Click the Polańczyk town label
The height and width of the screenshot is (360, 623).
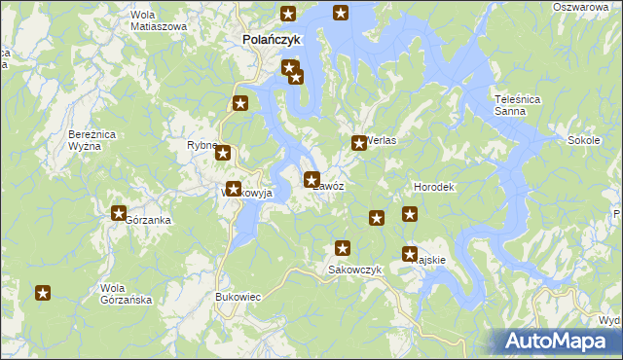click(272, 40)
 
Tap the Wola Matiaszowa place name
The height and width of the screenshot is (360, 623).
click(158, 21)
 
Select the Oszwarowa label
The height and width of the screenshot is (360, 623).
click(580, 7)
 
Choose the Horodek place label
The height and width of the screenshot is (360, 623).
click(434, 186)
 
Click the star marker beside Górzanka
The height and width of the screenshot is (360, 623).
click(119, 213)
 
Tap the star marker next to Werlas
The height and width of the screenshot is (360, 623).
click(358, 143)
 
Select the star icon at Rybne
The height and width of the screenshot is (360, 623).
click(223, 153)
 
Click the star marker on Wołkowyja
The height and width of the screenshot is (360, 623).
click(234, 189)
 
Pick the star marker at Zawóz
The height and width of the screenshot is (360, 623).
click(311, 179)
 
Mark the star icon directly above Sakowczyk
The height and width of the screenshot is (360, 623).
click(342, 249)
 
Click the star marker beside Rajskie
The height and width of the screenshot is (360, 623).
click(410, 254)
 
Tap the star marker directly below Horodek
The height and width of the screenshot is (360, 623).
click(410, 214)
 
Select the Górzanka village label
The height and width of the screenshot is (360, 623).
click(149, 220)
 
